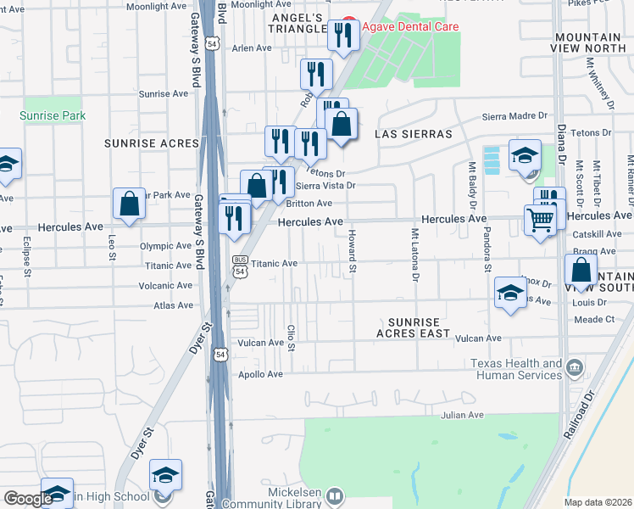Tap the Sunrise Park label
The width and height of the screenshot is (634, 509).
53,115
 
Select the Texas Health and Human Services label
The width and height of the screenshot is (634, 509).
517,370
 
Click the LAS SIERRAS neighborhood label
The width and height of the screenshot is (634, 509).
414,134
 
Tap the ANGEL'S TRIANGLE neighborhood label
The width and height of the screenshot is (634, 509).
299,24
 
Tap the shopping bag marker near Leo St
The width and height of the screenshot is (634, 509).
129,204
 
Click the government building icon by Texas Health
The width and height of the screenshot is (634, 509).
575,366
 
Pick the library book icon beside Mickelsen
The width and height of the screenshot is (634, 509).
335,495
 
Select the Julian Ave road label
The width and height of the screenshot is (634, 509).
461,415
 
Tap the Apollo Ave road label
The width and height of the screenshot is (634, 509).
260,373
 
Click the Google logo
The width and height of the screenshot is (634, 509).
28,499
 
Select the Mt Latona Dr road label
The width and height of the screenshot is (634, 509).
415,255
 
